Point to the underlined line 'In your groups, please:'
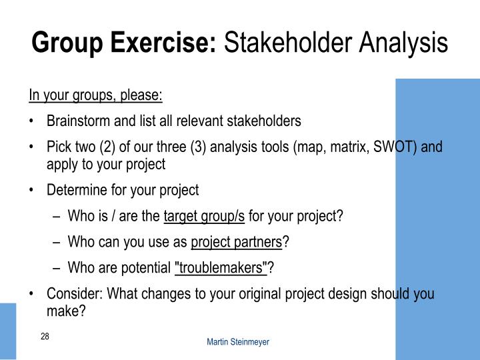tap(95, 95)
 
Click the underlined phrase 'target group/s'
tap(204, 216)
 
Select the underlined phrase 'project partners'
tap(237, 242)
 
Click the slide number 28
tap(45, 337)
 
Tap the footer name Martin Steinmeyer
tap(238, 341)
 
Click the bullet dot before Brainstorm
tap(32, 122)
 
